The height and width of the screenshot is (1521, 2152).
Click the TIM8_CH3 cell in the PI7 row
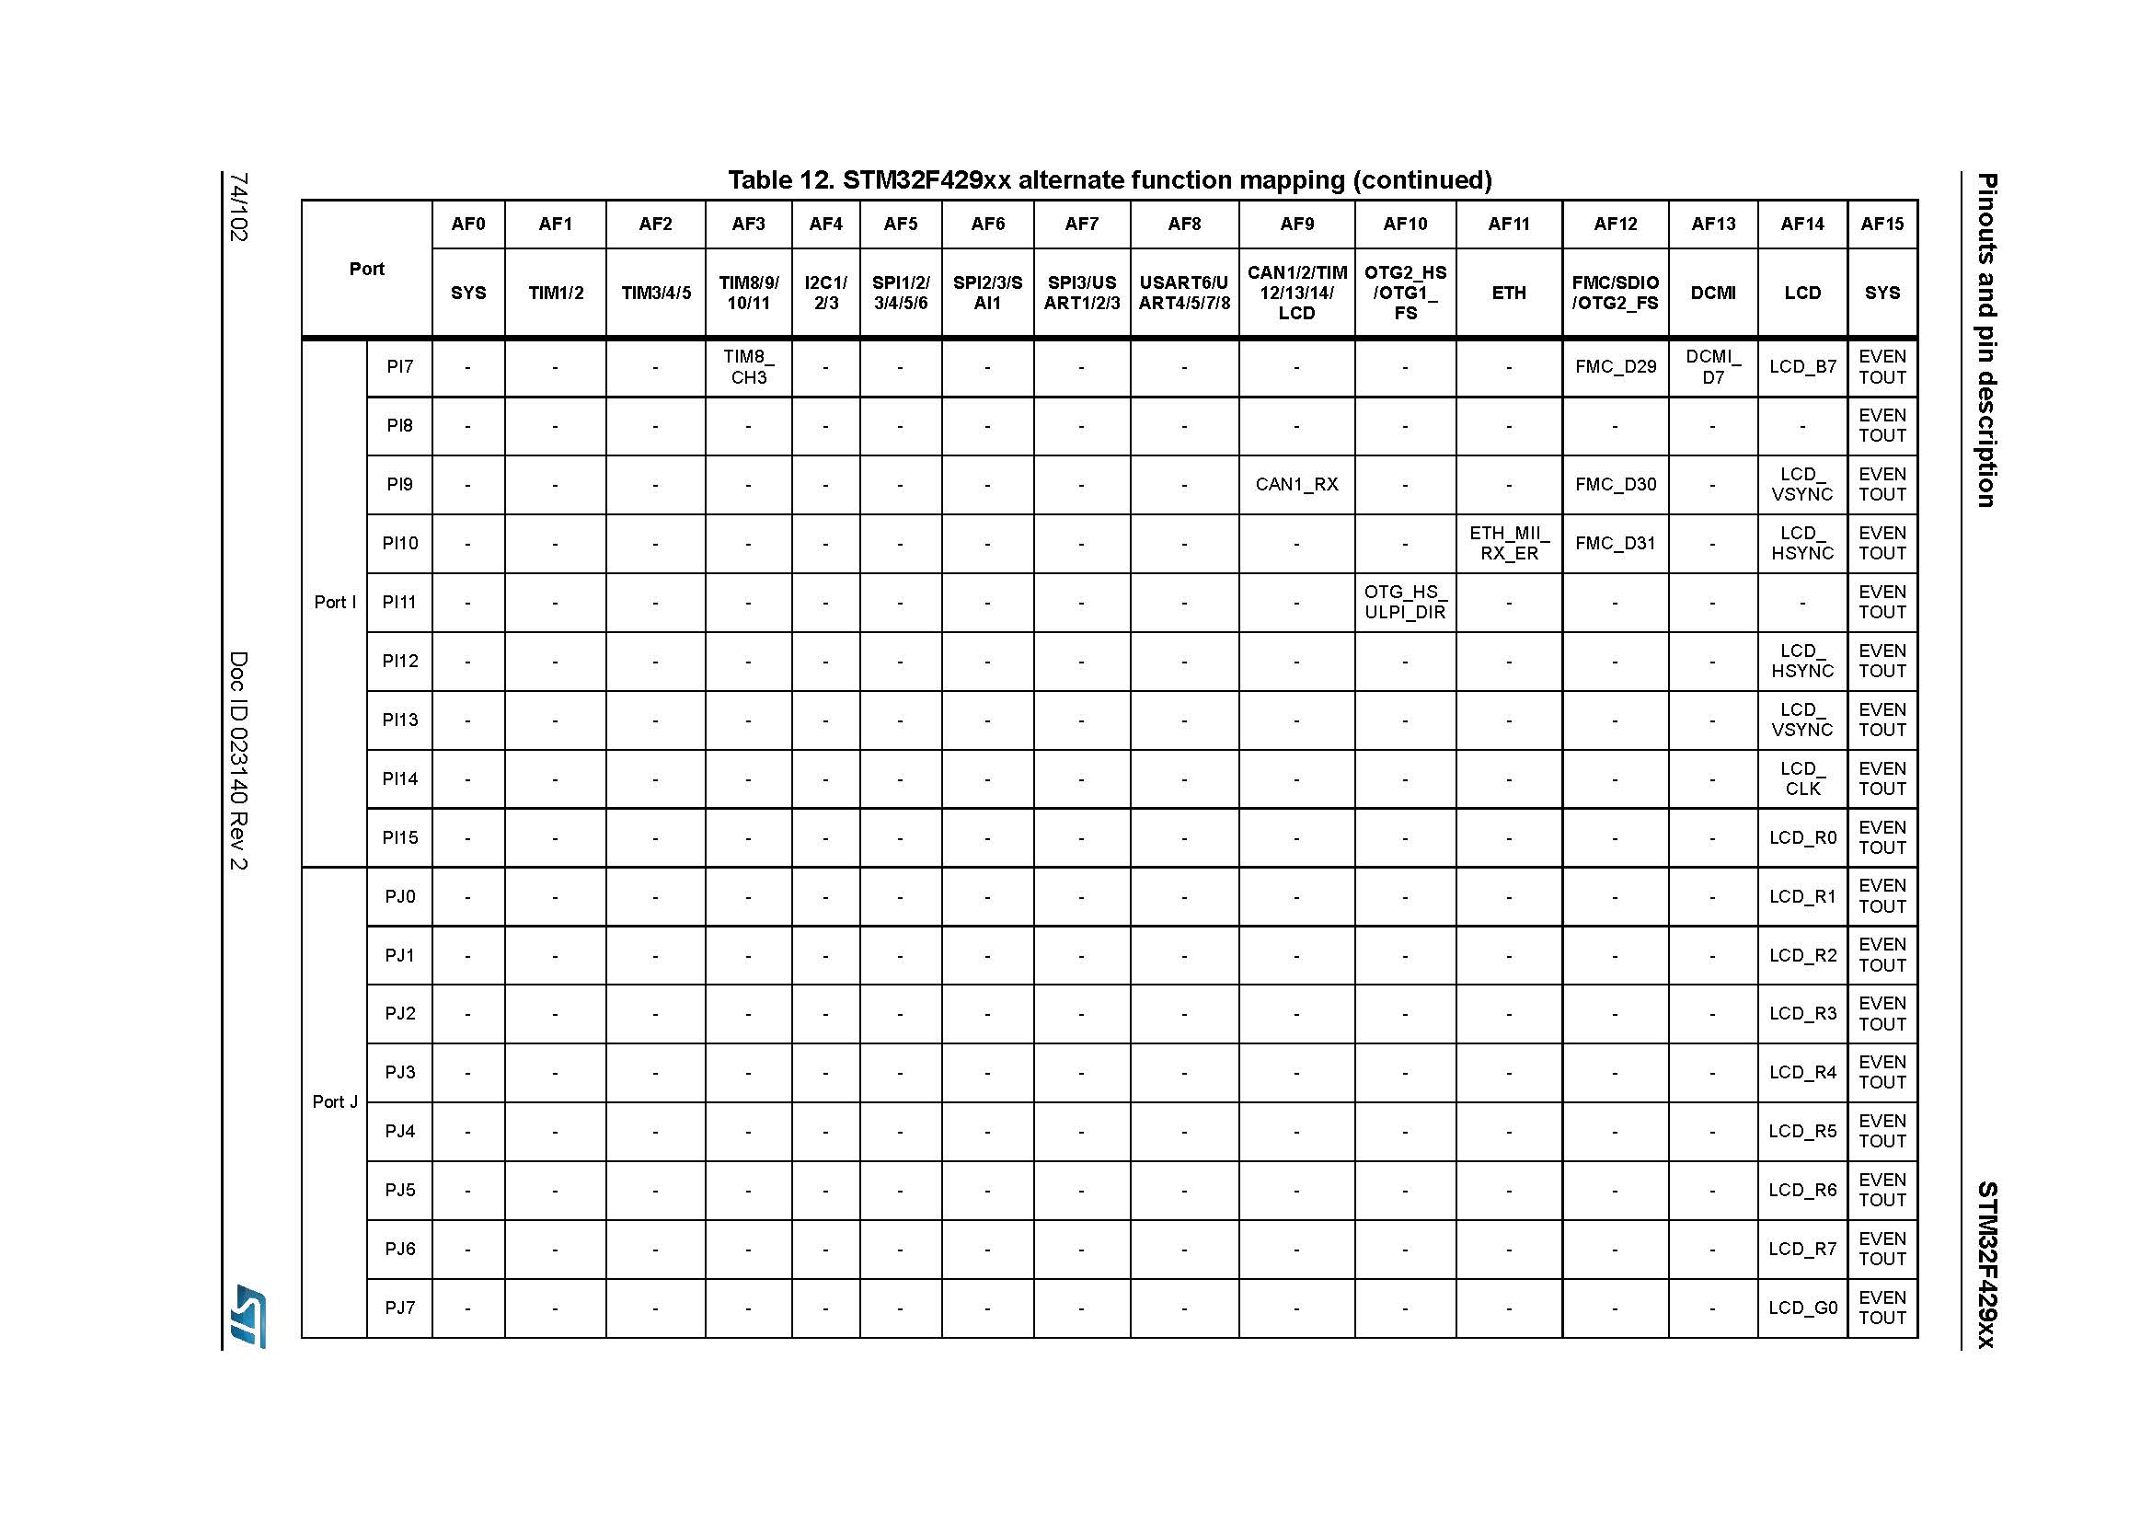point(748,366)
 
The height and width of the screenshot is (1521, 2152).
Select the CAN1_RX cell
point(1296,485)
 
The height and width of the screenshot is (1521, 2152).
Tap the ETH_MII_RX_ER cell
point(1508,544)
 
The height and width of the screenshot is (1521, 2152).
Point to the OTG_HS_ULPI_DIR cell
point(1404,602)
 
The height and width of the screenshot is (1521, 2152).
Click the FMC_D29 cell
point(1615,366)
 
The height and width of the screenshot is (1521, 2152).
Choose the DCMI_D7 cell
point(1712,366)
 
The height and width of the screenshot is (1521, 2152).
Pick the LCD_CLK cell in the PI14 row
point(1801,778)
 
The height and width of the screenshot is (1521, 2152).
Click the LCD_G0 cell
point(1801,1308)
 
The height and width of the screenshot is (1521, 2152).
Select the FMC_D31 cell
point(1615,544)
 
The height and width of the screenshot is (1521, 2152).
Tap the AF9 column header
point(1296,224)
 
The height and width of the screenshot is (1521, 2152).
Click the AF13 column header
point(1712,224)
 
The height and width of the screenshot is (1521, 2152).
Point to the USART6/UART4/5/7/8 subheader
point(1184,293)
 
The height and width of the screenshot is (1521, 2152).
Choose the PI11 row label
point(399,602)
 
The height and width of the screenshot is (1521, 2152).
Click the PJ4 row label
point(399,1131)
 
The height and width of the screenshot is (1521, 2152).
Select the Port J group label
point(335,1102)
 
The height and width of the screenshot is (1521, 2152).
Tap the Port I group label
point(335,602)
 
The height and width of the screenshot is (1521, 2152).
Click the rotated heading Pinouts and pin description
point(1985,340)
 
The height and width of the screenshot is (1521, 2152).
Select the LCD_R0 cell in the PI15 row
point(1801,838)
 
